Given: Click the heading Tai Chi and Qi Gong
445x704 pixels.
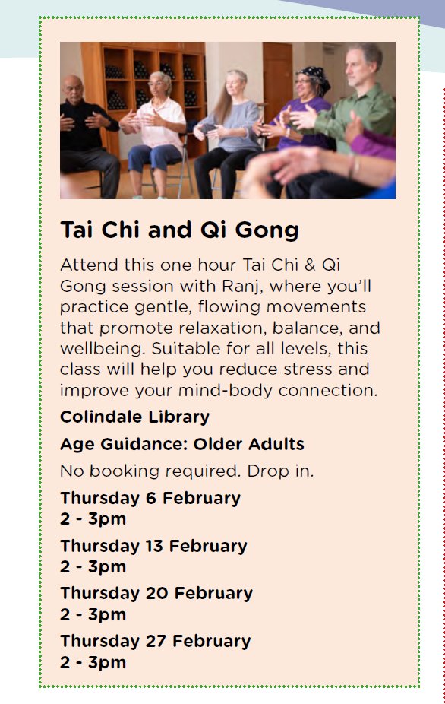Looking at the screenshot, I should pos(179,230).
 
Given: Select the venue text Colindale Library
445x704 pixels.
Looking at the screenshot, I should pos(134,417).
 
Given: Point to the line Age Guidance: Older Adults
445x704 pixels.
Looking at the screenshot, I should pos(181,444).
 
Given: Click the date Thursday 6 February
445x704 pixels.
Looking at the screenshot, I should pos(150,499).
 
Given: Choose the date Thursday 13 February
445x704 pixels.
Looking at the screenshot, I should pos(153,546).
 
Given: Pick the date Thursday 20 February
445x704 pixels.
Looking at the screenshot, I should pos(156,593).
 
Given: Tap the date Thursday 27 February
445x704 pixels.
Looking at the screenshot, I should pos(155,640).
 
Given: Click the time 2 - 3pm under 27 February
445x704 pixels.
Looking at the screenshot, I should pos(93,661).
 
